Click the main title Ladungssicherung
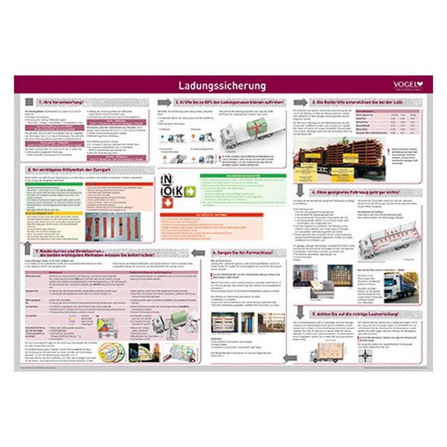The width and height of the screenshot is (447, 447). [223, 87]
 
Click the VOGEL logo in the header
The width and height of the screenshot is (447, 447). [407, 86]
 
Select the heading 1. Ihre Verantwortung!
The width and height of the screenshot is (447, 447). [63, 102]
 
